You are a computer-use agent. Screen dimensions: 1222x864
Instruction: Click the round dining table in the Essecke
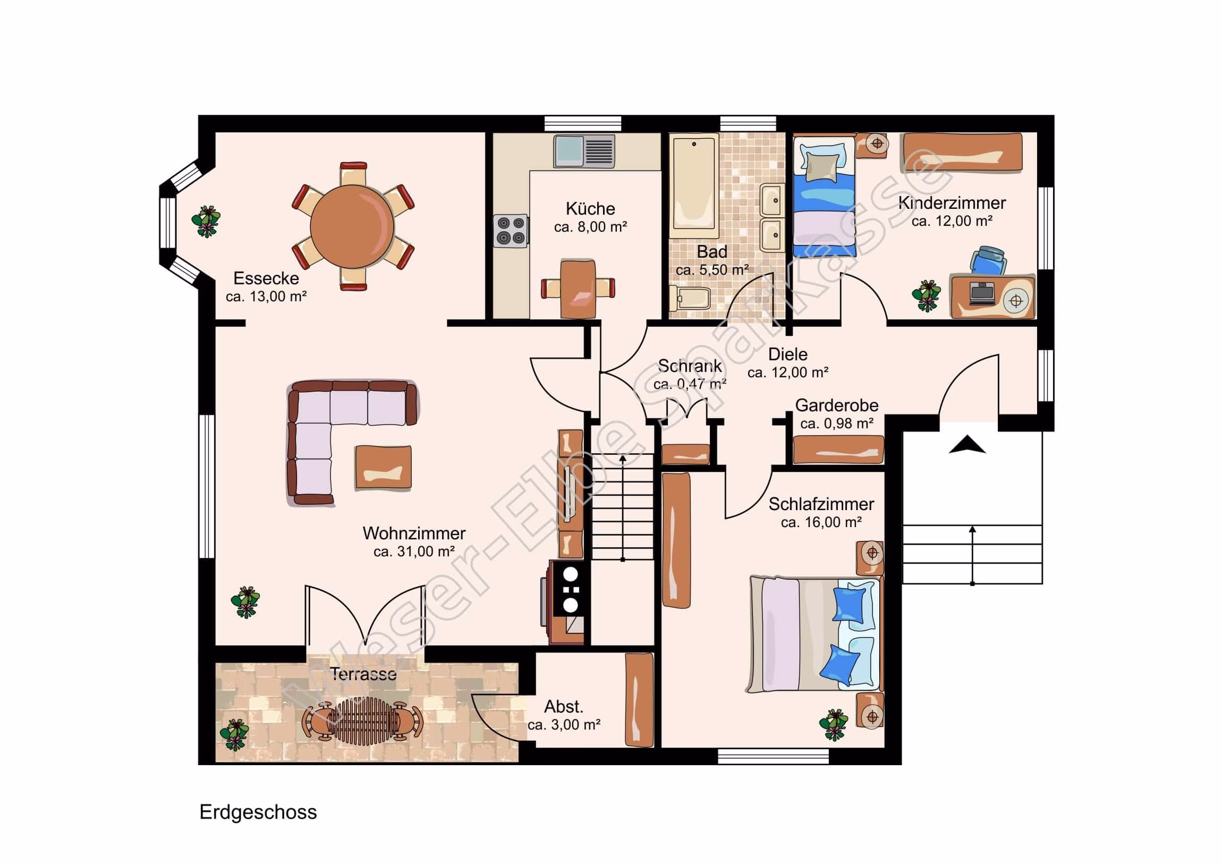tap(352, 227)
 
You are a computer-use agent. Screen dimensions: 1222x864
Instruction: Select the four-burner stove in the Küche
tap(511, 231)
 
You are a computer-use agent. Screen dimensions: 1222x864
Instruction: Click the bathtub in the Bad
tap(694, 186)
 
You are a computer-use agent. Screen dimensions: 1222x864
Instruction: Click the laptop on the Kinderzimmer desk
tap(982, 293)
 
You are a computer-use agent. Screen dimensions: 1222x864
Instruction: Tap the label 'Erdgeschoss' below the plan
tap(258, 812)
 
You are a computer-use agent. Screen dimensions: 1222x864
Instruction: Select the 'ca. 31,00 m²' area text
tap(414, 552)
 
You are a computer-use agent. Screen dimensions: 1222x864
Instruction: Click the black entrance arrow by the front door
tap(967, 444)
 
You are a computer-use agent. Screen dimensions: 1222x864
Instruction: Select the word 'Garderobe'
tap(837, 405)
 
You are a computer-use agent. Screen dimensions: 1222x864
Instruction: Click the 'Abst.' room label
tap(564, 707)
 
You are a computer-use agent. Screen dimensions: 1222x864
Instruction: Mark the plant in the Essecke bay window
tap(206, 222)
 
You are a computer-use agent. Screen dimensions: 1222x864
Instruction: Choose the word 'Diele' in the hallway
tap(788, 354)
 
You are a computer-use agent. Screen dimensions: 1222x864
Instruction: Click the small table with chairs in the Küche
tap(578, 288)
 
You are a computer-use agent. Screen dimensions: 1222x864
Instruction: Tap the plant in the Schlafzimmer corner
tap(834, 724)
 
